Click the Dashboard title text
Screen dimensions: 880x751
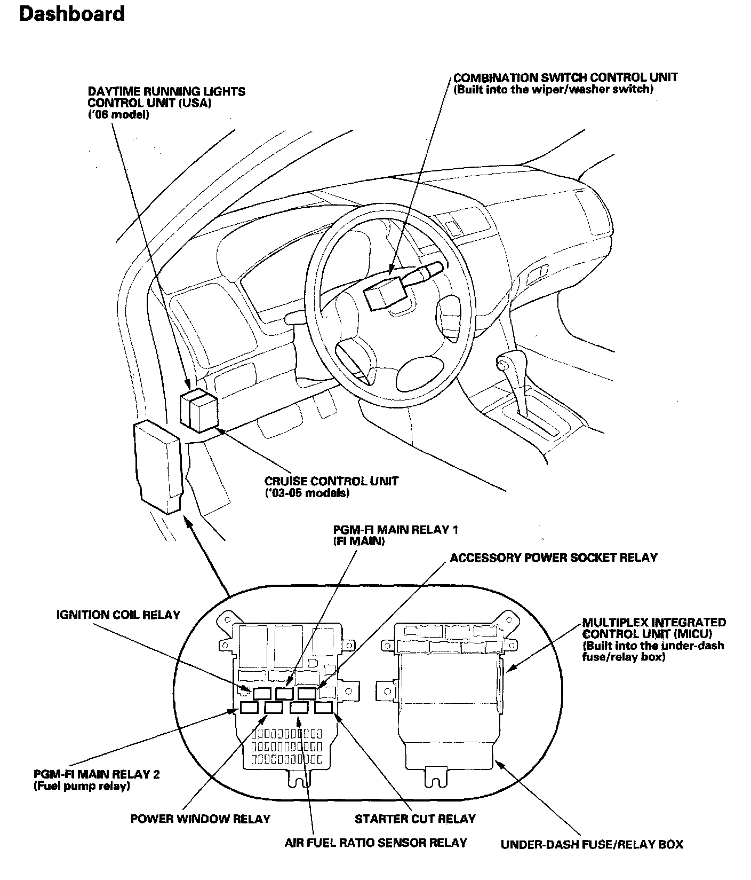72,14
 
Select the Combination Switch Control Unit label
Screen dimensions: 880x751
565,77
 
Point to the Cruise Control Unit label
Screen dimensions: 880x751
331,481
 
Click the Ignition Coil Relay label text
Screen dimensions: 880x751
118,615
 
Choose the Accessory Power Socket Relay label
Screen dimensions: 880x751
554,558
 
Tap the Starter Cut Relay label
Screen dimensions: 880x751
415,819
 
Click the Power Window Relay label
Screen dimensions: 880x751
201,819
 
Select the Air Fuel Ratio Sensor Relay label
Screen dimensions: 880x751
375,843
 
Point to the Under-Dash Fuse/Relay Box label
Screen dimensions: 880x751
592,844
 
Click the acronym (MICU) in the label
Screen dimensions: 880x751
692,634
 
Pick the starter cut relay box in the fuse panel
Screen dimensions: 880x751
323,708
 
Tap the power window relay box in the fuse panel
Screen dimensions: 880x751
274,708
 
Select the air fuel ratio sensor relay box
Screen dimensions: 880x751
299,708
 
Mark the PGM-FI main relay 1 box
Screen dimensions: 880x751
284,694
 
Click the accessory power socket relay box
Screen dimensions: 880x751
307,694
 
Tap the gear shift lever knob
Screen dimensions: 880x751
502,364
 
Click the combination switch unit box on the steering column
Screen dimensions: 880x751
380,293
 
